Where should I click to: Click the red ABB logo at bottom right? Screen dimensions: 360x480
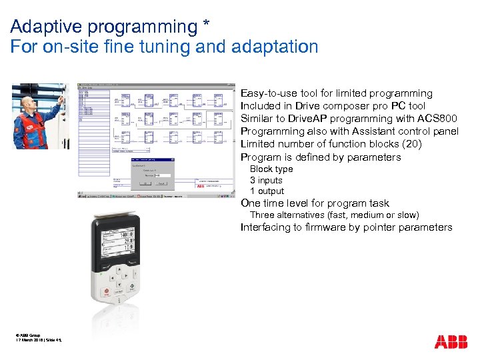tap(451, 342)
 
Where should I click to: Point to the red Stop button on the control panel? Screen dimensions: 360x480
tap(105, 292)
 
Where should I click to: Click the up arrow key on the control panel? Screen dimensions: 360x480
tap(119, 269)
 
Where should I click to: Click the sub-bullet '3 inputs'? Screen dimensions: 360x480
tap(266, 180)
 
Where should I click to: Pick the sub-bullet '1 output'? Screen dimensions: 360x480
tap(267, 191)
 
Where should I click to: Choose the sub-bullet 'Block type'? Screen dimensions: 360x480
tap(271, 169)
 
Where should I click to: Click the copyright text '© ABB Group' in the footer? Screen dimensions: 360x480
tap(27, 335)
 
